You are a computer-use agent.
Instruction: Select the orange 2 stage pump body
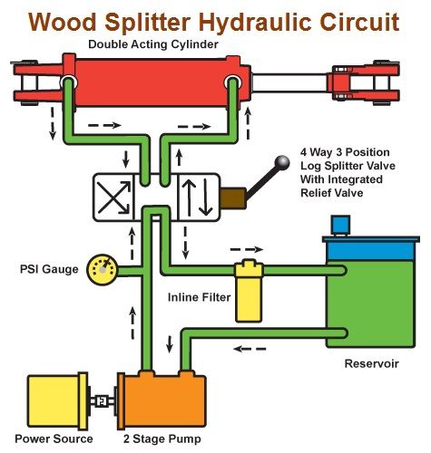click(164, 400)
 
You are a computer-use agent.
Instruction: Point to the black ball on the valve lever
click(283, 163)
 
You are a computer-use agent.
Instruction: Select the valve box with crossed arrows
click(113, 196)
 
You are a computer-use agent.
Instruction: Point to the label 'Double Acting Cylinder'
click(153, 43)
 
